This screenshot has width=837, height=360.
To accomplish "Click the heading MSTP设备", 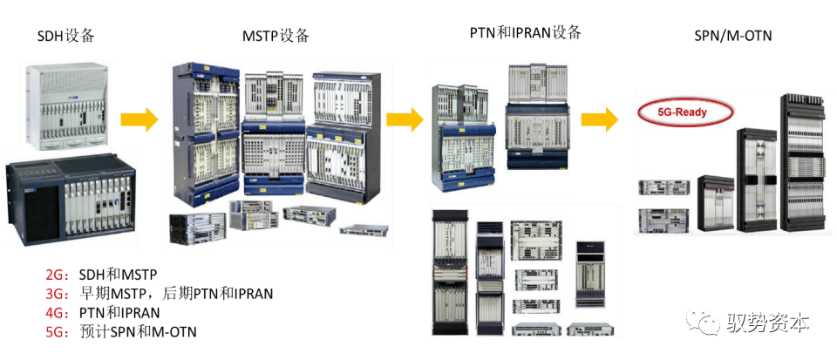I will (276, 36).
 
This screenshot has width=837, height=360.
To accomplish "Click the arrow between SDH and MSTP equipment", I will (139, 119).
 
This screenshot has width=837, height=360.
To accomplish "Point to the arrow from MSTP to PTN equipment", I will (405, 119).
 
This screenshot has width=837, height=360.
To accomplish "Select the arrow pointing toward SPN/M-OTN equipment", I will (601, 119).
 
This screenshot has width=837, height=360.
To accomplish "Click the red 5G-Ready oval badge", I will (683, 112).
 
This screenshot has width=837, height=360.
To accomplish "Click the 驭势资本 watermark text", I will (768, 323).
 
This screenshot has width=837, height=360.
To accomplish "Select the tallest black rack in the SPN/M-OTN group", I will (797, 166).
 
